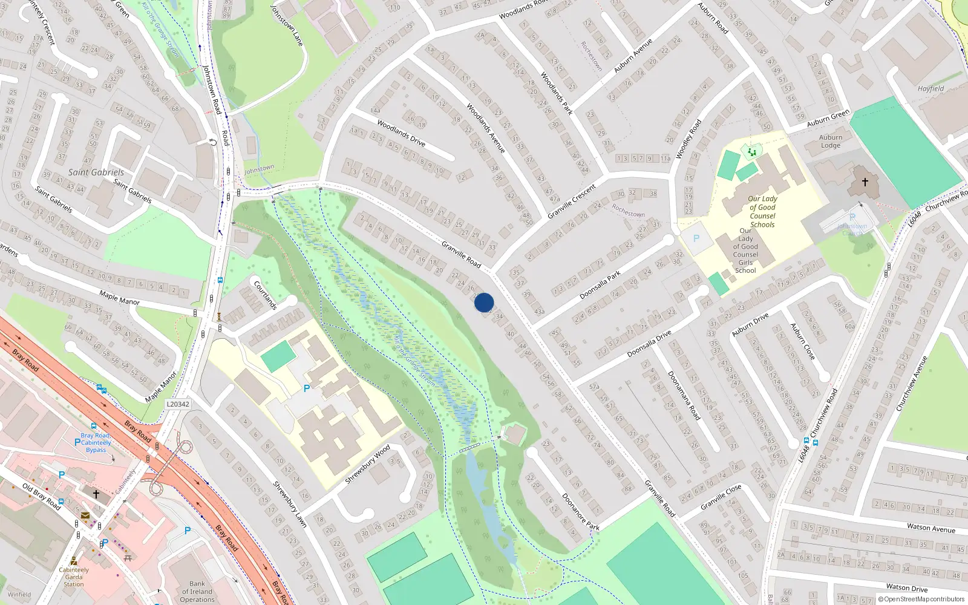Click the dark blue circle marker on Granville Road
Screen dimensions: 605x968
pos(484,302)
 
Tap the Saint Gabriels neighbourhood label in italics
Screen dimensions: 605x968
pos(96,172)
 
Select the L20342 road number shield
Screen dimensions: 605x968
pos(178,404)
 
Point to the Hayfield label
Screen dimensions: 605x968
pos(930,88)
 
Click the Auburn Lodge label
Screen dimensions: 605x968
pos(831,141)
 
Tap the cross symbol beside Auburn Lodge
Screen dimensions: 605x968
pos(865,181)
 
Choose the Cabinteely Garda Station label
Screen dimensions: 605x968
pos(74,577)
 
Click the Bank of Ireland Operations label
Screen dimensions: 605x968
pos(197,592)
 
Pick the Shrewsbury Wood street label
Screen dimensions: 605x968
pos(368,464)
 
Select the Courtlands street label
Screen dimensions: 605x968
pos(265,295)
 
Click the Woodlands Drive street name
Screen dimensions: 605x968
pos(401,133)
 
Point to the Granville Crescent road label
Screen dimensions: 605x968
pos(571,201)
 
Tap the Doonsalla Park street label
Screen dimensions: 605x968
pos(600,285)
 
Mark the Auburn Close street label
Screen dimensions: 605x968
pos(802,341)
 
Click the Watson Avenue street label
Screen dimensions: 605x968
pos(930,528)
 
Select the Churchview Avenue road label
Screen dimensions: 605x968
pos(912,384)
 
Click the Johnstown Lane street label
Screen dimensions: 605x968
pos(287,26)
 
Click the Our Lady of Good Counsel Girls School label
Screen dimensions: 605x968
pos(745,250)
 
